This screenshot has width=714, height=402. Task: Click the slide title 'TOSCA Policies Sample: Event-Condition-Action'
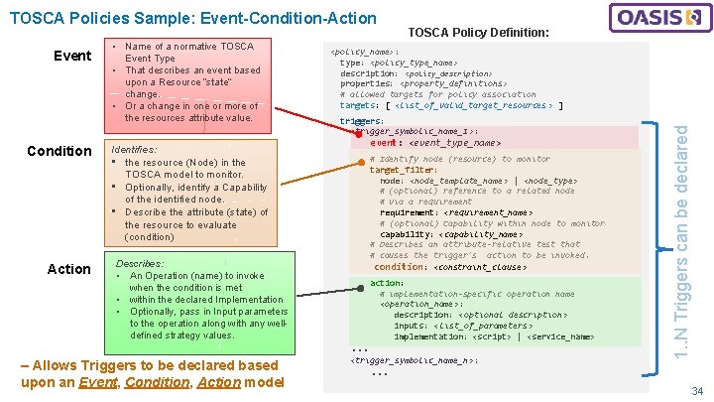point(192,18)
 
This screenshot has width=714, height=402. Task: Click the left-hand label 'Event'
point(72,56)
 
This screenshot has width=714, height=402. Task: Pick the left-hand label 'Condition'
point(59,151)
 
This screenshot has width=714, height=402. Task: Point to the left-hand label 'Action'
point(69,269)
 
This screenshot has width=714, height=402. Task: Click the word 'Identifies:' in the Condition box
point(137,149)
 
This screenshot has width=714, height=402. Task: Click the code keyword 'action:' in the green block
point(387,283)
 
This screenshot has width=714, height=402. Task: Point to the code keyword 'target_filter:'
point(403,170)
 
